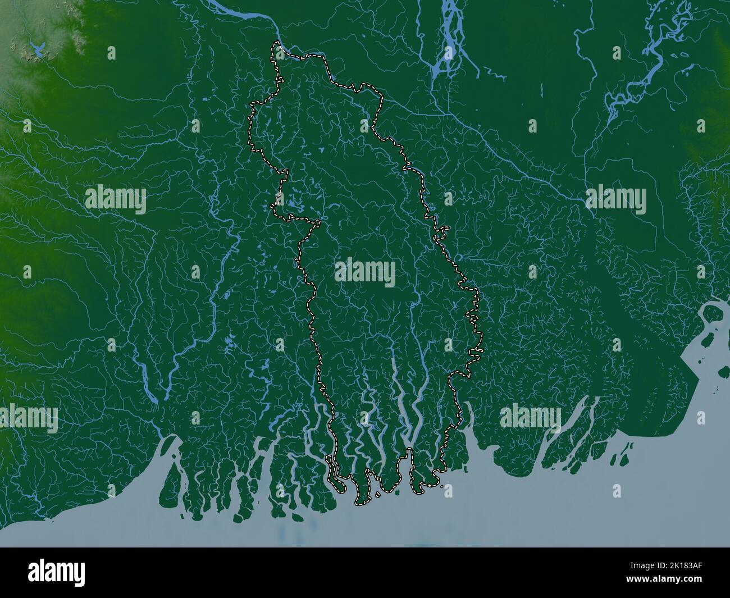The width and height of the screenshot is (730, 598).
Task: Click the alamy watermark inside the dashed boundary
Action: click(365, 273)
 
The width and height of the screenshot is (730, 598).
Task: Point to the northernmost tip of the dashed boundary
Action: click(276, 43)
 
